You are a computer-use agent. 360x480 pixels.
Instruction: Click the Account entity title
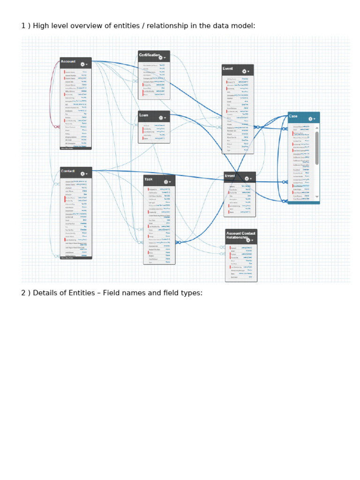68,61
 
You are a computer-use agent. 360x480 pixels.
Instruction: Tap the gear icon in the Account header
82,64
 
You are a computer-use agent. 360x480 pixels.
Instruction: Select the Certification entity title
149,55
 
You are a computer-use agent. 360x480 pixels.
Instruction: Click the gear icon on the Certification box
161,58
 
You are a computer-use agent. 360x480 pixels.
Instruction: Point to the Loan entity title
143,115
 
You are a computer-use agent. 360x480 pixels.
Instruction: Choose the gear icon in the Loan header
161,118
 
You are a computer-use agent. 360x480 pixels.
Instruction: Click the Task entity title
148,179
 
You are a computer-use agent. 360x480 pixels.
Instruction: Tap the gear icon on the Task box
166,182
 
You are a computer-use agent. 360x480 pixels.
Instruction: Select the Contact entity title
67,171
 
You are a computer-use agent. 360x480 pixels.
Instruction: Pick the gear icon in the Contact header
82,174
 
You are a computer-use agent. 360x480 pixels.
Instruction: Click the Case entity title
293,116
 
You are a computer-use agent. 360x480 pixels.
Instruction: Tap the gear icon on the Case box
310,119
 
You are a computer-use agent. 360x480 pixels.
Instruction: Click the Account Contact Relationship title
241,235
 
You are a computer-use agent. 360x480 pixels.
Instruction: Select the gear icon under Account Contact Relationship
248,240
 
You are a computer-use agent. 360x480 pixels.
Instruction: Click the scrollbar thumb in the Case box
317,148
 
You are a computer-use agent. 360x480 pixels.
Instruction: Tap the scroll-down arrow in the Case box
317,197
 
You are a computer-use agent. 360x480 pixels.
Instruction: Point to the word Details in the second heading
41,293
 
